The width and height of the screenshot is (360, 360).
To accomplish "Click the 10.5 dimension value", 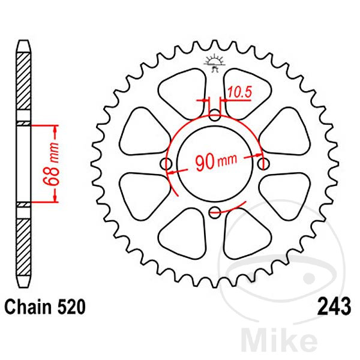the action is click(240, 92).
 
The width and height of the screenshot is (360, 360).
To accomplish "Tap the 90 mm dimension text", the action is click(216, 161).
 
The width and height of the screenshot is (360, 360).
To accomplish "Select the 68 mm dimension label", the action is click(52, 164).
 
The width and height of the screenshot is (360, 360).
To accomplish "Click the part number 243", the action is click(334, 307).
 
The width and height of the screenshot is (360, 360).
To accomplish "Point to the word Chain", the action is click(28, 307).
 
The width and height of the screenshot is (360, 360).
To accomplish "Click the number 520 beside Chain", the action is click(71, 307).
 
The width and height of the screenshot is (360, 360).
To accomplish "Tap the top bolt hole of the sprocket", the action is click(215, 115).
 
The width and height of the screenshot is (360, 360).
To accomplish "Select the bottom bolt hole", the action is click(215, 212).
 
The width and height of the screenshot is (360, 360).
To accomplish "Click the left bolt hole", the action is click(166, 164).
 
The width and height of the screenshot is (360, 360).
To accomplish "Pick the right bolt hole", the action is click(263, 164).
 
